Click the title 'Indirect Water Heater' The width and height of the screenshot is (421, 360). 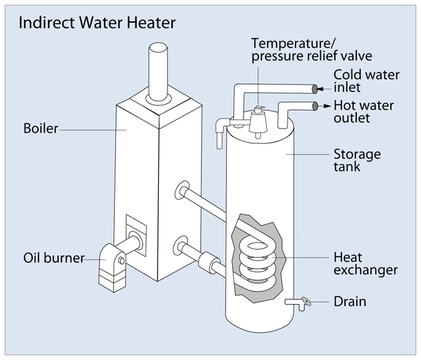(97, 23)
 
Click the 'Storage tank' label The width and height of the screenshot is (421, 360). (356, 161)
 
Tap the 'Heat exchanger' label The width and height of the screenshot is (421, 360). (365, 263)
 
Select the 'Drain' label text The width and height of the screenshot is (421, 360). (350, 301)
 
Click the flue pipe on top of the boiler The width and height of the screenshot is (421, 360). (157, 70)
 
